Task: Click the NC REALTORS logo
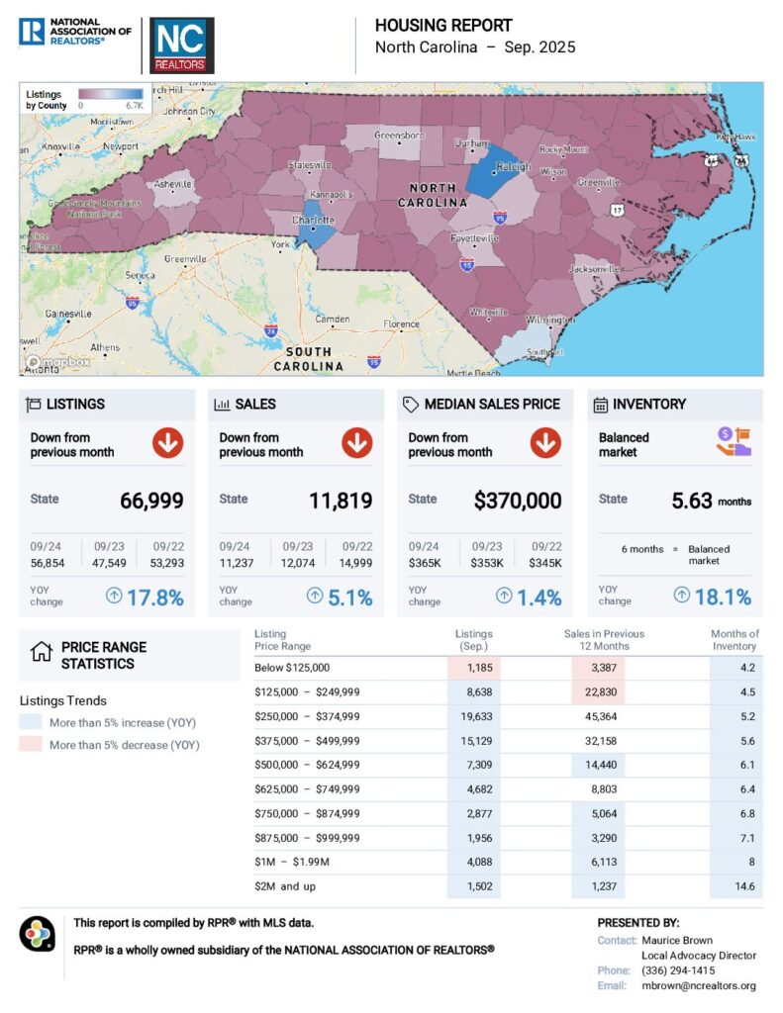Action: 179,46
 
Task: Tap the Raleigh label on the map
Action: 515,167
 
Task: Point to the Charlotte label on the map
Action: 313,220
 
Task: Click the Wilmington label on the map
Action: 550,321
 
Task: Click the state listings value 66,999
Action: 151,501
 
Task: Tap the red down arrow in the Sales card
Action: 356,444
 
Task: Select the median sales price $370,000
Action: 518,501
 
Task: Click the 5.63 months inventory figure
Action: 692,501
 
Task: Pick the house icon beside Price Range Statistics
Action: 41,652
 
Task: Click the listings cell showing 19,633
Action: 473,716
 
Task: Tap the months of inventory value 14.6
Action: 745,887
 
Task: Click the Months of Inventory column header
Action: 734,640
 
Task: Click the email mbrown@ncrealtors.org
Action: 699,985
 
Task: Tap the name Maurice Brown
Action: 677,940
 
